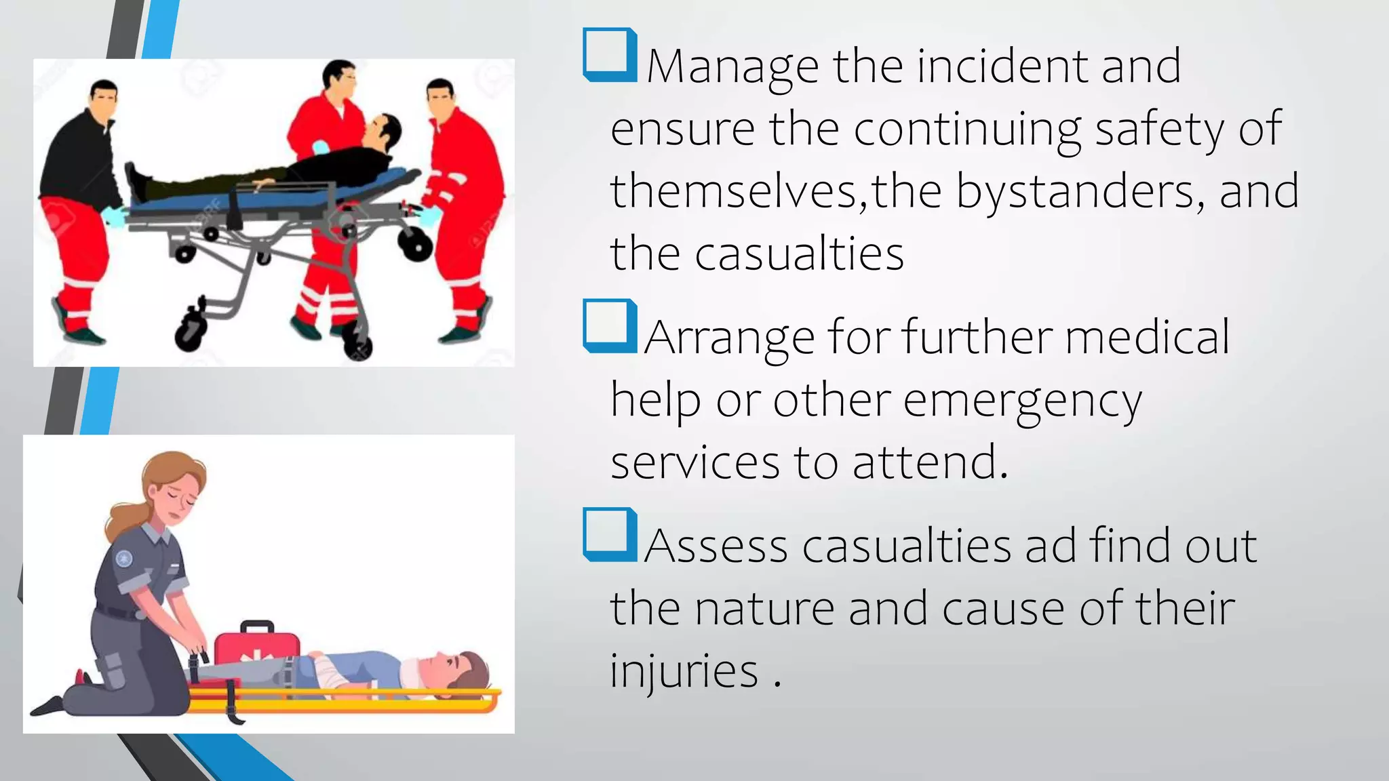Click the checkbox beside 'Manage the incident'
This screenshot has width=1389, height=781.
click(x=608, y=54)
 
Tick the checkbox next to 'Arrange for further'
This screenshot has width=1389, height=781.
click(x=608, y=325)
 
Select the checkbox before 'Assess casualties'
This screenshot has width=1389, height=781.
click(x=608, y=534)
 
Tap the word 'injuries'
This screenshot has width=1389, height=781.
click(x=684, y=670)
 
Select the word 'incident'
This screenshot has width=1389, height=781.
click(x=1001, y=66)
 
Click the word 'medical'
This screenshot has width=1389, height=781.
click(x=1146, y=337)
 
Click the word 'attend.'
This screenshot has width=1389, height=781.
click(x=930, y=462)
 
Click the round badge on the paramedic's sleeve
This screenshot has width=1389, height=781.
click(x=123, y=559)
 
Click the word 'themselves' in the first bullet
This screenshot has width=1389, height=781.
click(x=733, y=191)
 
